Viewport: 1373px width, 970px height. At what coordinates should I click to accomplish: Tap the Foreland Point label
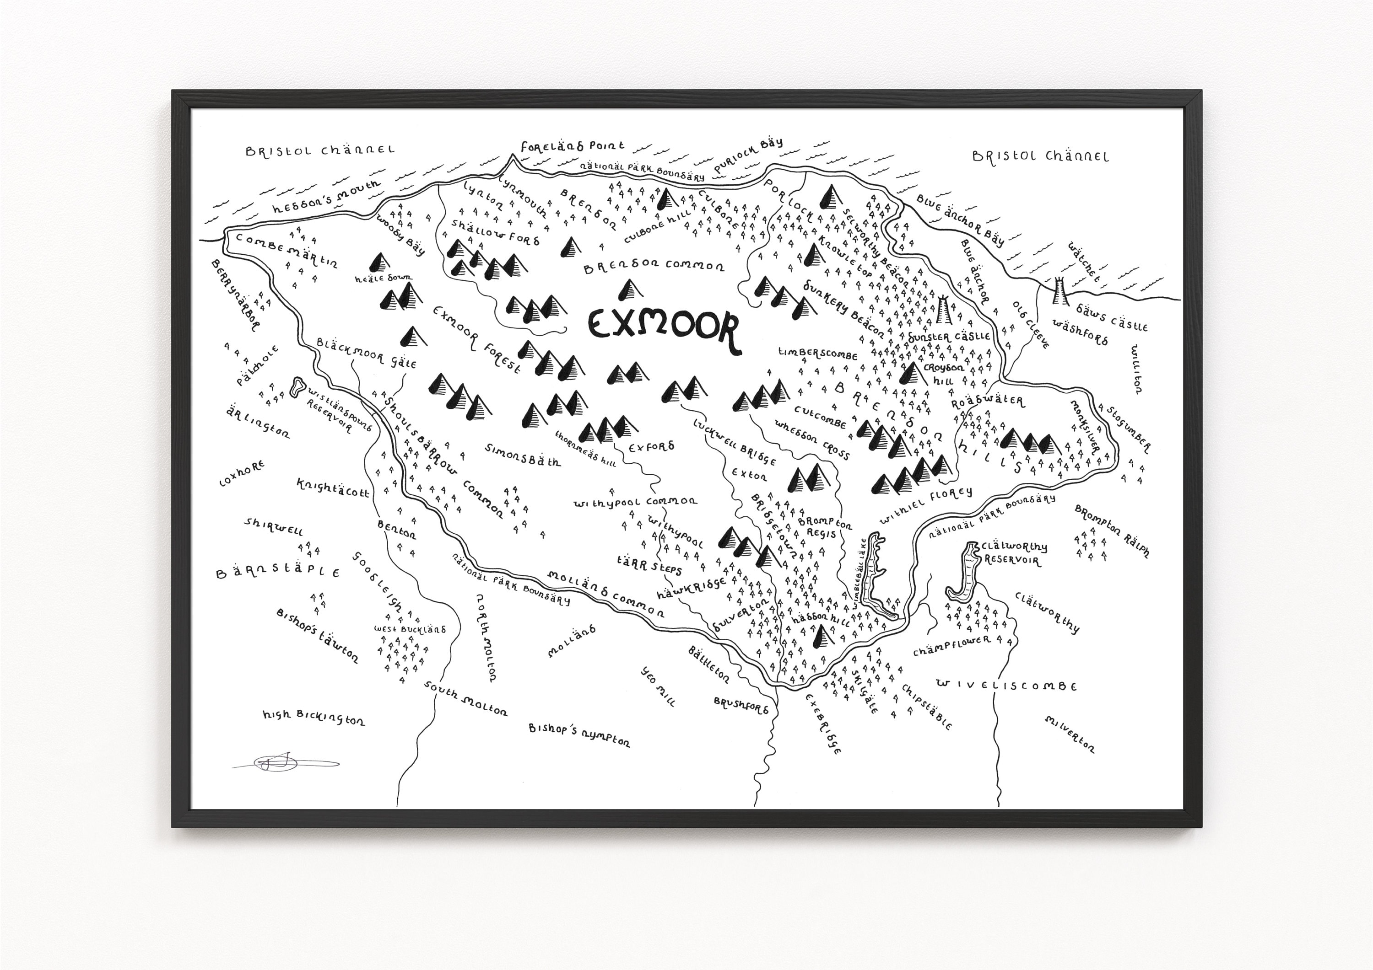point(572,146)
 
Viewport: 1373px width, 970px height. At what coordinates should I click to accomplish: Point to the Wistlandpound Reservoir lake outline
point(295,387)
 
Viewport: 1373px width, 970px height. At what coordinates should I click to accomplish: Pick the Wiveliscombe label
point(1006,686)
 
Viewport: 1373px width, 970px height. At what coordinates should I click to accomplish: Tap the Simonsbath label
point(523,455)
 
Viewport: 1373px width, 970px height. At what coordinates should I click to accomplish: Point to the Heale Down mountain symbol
point(378,261)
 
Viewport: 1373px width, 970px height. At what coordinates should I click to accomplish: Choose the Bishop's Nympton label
point(579,735)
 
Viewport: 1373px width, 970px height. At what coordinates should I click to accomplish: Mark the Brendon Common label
point(654,267)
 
